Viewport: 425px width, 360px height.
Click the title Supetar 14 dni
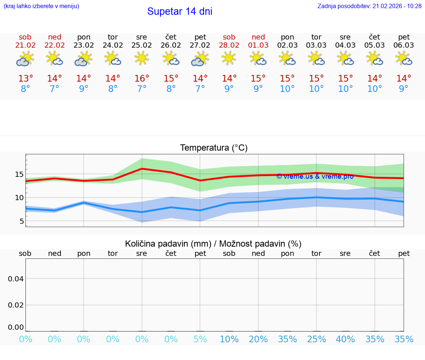click(x=180, y=11)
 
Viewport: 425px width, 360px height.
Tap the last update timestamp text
click(x=369, y=6)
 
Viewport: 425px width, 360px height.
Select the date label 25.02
click(x=142, y=45)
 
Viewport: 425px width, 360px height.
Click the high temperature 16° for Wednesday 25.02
click(x=142, y=79)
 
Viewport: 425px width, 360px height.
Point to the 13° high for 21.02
click(x=25, y=79)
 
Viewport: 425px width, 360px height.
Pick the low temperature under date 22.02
click(x=55, y=89)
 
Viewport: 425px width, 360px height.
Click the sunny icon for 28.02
click(x=229, y=58)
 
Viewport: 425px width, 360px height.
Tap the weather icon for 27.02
click(x=200, y=59)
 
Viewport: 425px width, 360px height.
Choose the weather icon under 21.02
click(x=25, y=59)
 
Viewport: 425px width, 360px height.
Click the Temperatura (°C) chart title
click(x=214, y=148)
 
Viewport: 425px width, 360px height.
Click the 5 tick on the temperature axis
click(x=21, y=221)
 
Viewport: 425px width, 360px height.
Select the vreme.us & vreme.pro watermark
click(x=315, y=176)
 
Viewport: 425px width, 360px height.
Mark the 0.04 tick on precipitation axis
click(x=16, y=279)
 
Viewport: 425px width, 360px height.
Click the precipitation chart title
click(x=213, y=244)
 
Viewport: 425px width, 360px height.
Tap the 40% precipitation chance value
click(x=345, y=339)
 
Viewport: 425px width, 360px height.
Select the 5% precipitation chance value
click(x=200, y=339)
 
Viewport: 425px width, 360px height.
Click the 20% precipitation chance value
click(x=258, y=339)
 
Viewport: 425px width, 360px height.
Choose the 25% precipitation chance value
click(x=316, y=339)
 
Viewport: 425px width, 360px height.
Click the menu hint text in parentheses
click(x=41, y=6)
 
